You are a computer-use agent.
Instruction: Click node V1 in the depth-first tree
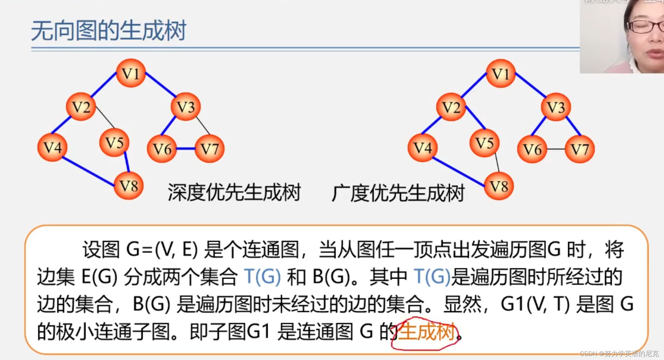[131, 73]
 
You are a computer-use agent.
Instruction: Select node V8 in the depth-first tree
[129, 186]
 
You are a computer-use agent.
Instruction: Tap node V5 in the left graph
[114, 143]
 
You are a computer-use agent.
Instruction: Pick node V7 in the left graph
[209, 149]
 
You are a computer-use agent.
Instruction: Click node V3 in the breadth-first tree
[555, 107]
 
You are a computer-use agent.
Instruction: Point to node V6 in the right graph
[532, 149]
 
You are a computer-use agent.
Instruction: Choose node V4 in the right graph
[422, 148]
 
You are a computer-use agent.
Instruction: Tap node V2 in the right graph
[451, 107]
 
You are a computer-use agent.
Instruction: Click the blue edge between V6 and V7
[186, 149]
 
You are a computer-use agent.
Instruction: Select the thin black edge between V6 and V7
[556, 149]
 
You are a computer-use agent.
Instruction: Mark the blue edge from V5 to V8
[127, 162]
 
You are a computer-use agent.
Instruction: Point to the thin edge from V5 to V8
[497, 162]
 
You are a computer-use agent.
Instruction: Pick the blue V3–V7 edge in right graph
[574, 126]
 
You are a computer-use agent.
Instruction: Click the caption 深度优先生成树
[234, 193]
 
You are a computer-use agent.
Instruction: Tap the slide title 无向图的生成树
[109, 31]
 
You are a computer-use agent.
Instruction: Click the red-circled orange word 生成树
[426, 332]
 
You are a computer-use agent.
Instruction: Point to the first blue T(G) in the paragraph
[263, 277]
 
